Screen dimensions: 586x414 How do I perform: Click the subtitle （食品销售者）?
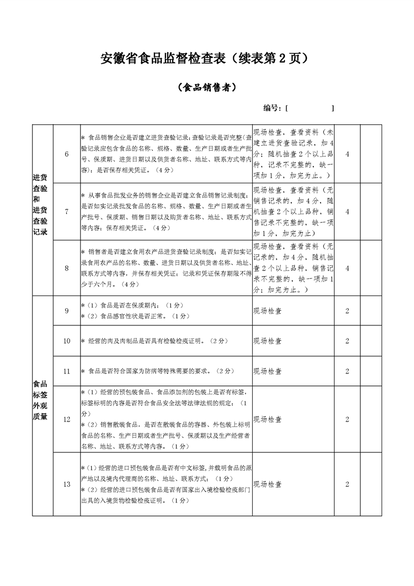pos(207,88)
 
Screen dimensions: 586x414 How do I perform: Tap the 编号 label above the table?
pos(273,108)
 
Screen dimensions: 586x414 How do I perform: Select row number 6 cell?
pos(66,154)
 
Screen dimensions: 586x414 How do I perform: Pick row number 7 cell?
pos(66,212)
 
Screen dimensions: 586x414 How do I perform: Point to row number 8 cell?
pos(66,268)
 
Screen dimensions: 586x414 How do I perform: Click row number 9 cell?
pos(66,311)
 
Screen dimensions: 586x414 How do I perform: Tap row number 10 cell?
pos(66,341)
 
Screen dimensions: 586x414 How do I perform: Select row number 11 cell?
pos(66,371)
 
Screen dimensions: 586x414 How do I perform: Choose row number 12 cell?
pos(66,419)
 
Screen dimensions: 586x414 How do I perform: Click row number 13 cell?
pos(66,484)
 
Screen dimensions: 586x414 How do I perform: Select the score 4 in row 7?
pos(347,212)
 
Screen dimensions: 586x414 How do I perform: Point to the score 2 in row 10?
pos(347,341)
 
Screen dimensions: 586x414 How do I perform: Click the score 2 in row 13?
pos(347,484)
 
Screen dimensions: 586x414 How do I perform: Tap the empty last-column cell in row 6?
pos(371,154)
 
